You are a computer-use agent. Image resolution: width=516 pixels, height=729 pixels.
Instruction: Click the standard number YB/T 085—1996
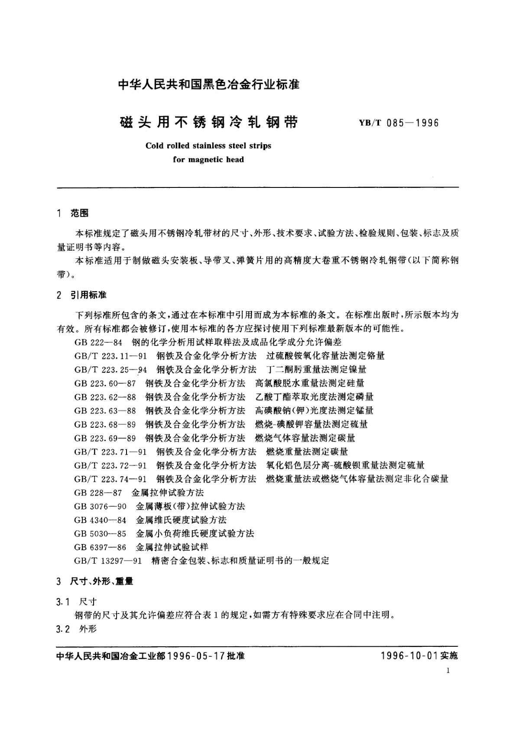tap(399, 123)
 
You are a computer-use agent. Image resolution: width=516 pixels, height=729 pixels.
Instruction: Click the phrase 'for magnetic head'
tap(208, 160)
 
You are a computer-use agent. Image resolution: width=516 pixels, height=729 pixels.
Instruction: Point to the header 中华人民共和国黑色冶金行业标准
tap(209, 84)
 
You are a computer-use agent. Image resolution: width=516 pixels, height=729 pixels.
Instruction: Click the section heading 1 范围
tap(73, 213)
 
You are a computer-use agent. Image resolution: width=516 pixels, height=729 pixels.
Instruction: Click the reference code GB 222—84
tap(99, 342)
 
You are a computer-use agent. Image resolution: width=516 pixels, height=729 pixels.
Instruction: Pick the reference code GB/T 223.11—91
tap(110, 356)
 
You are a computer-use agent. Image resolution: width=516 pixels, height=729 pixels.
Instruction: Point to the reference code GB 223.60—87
tap(105, 383)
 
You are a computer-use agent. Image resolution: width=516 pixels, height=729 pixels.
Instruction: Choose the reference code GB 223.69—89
tap(105, 438)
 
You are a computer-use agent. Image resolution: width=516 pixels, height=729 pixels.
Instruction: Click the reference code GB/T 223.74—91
tap(110, 479)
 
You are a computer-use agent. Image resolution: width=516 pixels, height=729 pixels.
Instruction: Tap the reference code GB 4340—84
tap(101, 520)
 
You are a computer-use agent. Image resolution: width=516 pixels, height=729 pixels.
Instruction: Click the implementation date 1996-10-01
tap(408, 656)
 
